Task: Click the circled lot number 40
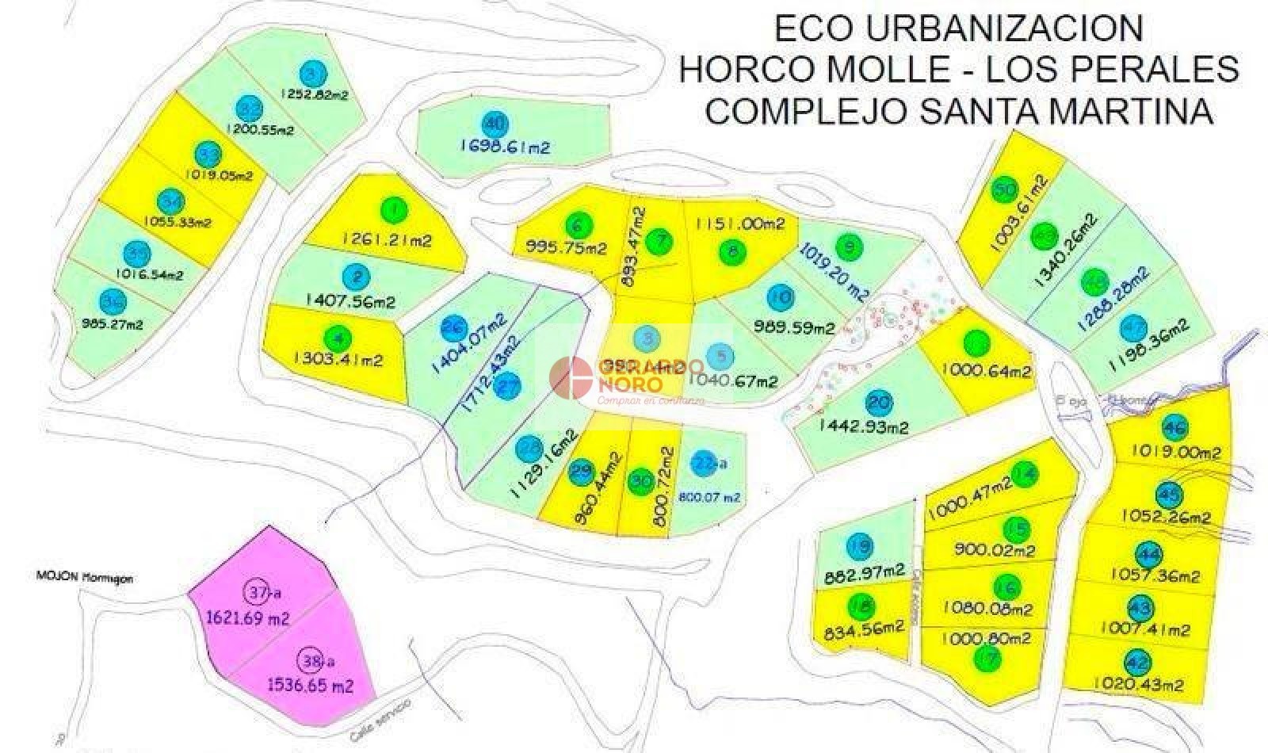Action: [495, 124]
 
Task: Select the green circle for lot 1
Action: [393, 210]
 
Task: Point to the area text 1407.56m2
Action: [349, 301]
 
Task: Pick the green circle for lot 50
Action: [1004, 190]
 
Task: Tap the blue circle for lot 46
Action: [1174, 429]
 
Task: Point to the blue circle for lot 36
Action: [113, 300]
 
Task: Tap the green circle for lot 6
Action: [578, 226]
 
